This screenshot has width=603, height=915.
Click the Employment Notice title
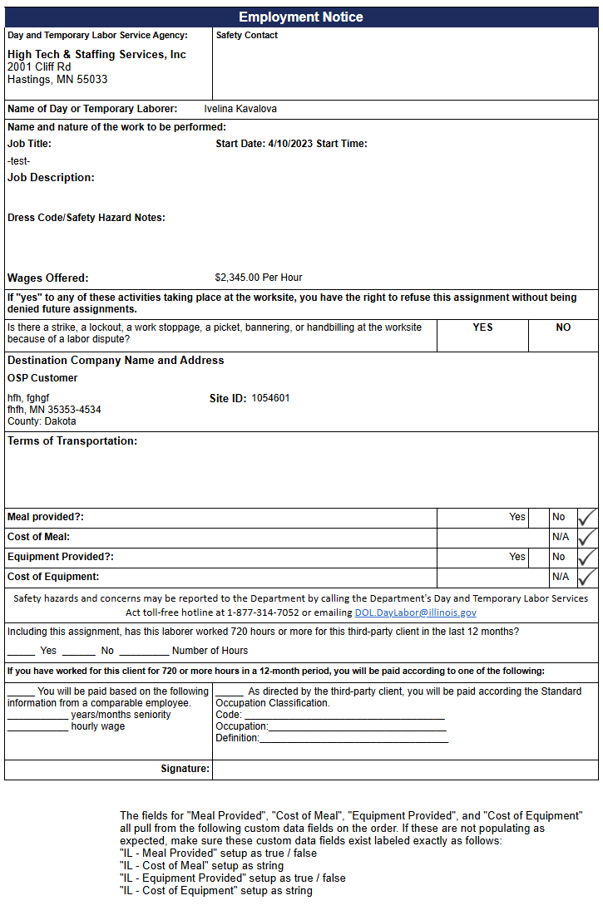point(301,17)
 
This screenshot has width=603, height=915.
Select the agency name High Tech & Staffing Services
point(96,55)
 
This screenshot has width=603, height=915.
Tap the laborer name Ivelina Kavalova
point(240,109)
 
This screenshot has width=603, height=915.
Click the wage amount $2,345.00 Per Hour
point(259,278)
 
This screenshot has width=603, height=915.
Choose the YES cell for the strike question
point(482,327)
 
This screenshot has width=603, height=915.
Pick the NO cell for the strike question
point(563,327)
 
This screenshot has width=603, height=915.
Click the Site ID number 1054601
point(271,398)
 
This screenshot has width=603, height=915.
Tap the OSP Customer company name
point(42,378)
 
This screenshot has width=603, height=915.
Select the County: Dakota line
point(42,421)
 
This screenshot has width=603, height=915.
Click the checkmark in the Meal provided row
point(587,517)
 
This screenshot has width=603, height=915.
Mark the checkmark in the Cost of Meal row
point(587,537)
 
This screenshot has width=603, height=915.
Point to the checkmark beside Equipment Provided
point(587,557)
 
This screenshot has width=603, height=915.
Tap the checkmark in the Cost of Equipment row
point(587,577)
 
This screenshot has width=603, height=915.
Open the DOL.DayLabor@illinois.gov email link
point(416,612)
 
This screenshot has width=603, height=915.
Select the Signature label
point(185,769)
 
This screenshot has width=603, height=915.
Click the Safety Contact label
point(247,35)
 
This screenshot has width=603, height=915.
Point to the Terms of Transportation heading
point(72,441)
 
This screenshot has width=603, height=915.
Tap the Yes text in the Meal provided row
point(517,517)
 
